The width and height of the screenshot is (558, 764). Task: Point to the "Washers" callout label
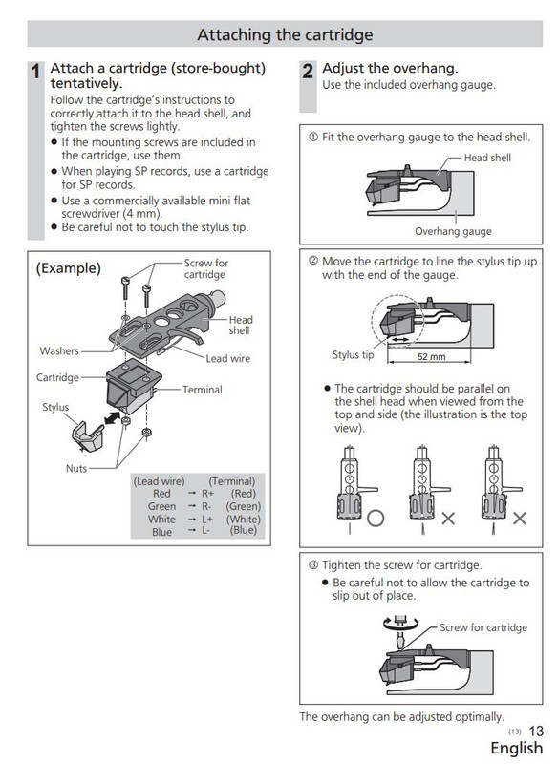(60, 350)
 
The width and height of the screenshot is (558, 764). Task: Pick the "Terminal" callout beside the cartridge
(202, 390)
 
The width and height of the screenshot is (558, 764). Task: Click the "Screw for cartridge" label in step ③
(483, 628)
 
